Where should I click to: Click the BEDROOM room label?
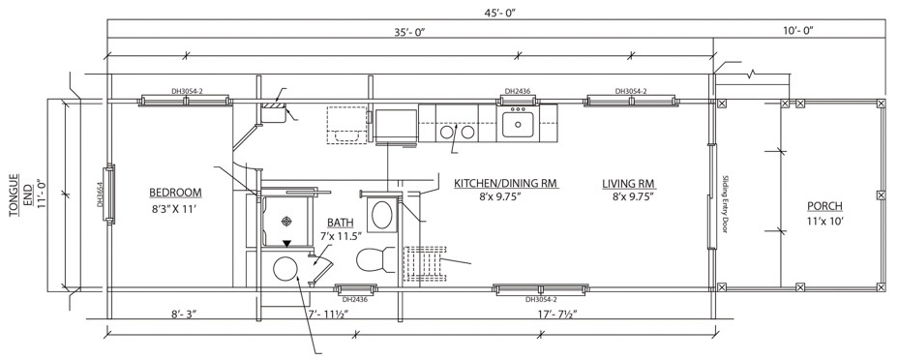click(175, 193)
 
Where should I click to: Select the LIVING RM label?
click(629, 184)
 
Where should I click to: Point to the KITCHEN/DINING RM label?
click(506, 183)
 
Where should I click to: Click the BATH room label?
click(340, 222)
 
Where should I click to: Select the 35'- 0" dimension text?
click(409, 31)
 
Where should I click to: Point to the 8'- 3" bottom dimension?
click(184, 314)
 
